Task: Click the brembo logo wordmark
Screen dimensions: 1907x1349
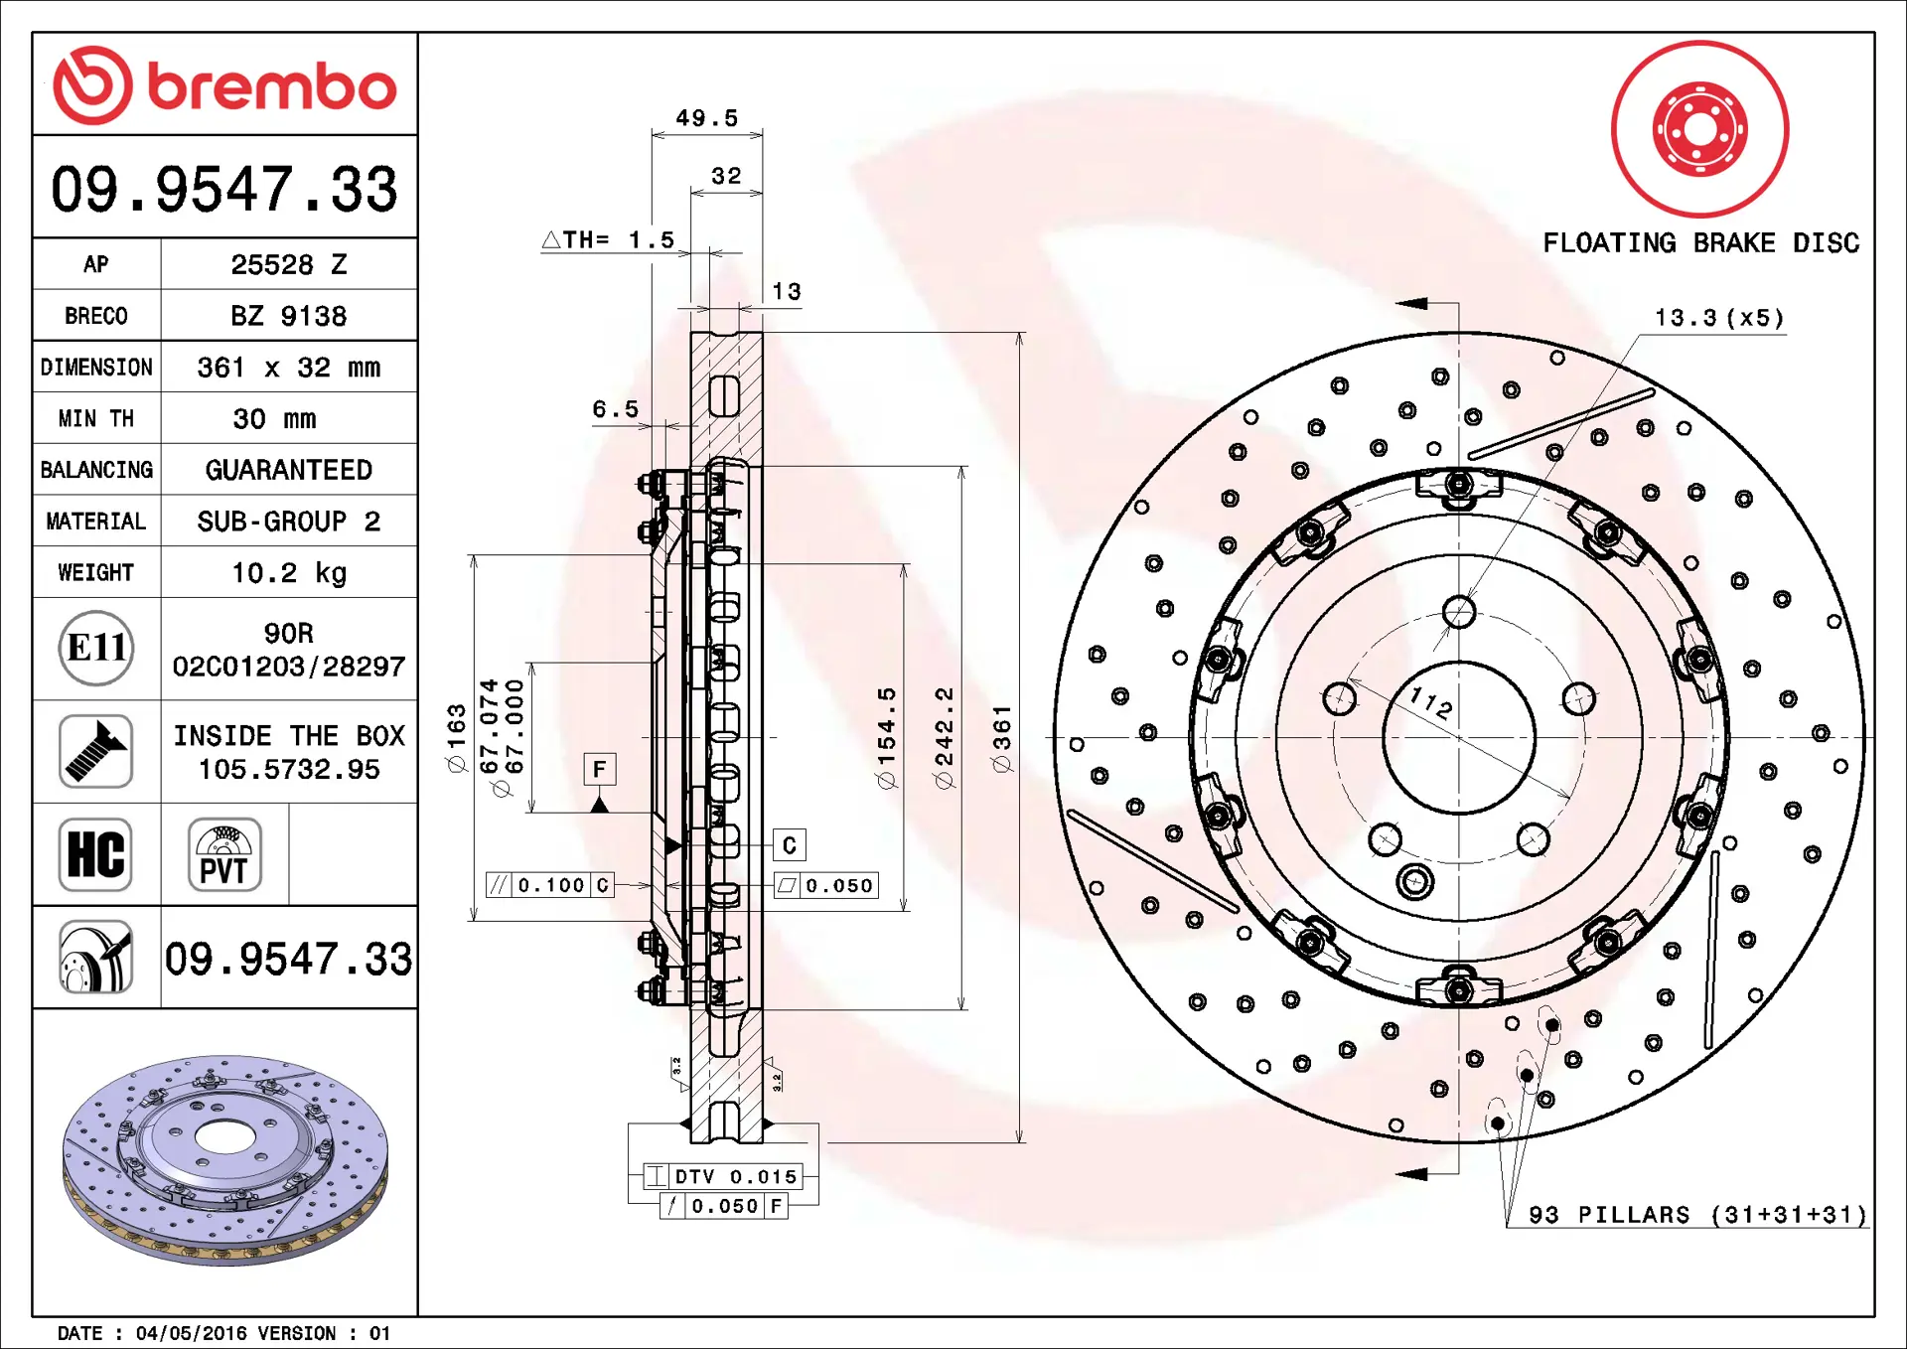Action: click(x=271, y=86)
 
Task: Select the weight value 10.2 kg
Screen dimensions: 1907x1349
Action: click(x=289, y=573)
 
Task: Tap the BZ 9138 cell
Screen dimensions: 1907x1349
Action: click(x=289, y=316)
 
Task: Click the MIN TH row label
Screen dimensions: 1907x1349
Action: click(x=96, y=419)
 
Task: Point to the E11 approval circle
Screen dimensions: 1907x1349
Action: click(x=96, y=649)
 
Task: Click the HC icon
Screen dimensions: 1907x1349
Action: click(x=95, y=854)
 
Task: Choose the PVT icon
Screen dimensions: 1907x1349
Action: click(x=224, y=854)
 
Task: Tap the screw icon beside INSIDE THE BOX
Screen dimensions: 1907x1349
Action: click(x=95, y=751)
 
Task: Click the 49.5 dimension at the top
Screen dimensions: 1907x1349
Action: click(x=707, y=118)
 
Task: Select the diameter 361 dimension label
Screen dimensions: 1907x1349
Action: click(x=1002, y=738)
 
